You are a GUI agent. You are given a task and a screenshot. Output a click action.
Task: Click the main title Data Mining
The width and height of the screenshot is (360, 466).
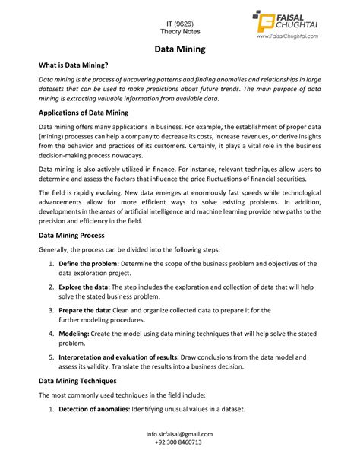(x=180, y=50)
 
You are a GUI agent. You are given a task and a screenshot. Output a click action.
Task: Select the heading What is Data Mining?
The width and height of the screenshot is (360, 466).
(x=74, y=67)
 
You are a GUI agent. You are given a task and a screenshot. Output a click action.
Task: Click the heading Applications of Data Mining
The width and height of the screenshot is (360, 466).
(x=85, y=113)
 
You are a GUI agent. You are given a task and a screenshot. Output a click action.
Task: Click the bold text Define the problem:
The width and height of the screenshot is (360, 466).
(x=88, y=263)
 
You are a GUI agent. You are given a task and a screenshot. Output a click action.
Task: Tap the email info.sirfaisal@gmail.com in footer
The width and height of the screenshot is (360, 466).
(x=179, y=434)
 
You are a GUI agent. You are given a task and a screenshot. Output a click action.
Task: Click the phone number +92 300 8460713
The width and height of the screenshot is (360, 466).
(x=179, y=442)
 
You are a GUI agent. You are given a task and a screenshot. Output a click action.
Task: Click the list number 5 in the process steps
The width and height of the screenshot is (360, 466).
(x=51, y=358)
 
